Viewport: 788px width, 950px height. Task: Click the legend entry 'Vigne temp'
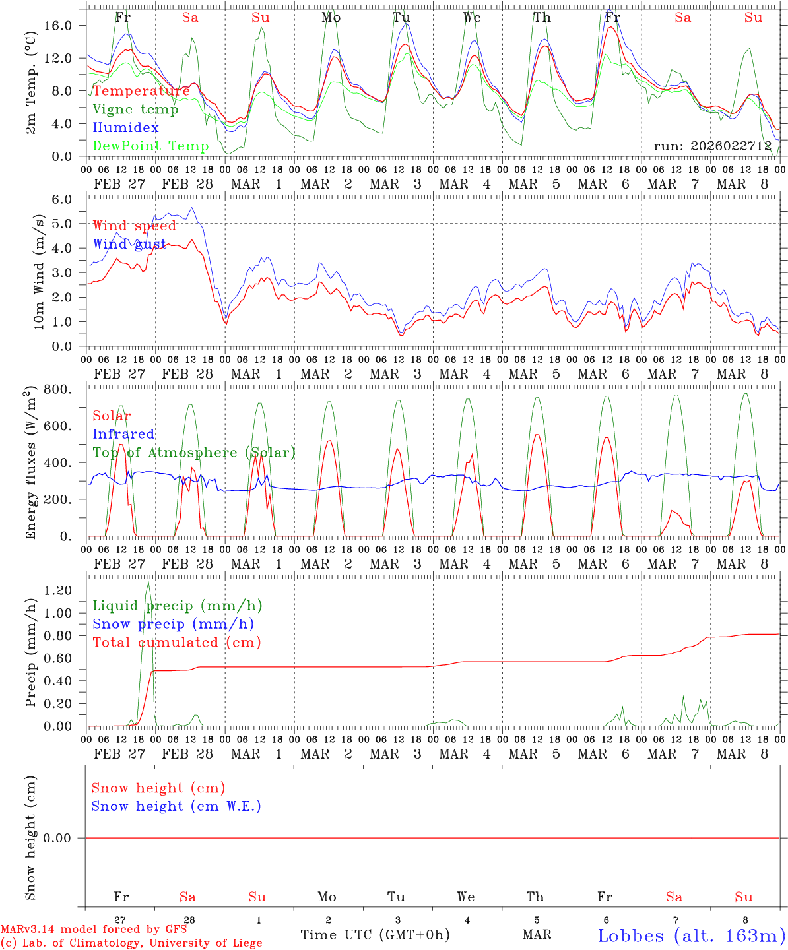tap(135, 110)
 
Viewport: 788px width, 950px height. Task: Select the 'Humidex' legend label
tap(125, 128)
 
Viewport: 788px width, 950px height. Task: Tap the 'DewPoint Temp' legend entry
tap(150, 146)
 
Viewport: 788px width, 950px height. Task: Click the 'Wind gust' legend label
tap(129, 245)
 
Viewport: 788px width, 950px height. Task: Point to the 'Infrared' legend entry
tap(123, 434)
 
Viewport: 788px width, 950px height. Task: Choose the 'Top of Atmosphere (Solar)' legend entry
tap(194, 453)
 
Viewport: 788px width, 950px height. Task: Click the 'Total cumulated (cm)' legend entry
tap(176, 643)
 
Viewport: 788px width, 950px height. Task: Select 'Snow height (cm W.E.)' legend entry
tap(176, 806)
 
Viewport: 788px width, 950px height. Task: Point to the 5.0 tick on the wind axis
tap(66, 224)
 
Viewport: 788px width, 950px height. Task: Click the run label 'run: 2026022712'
tap(713, 146)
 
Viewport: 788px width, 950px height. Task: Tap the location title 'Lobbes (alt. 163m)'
tap(692, 935)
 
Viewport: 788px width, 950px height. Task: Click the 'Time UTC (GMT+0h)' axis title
tap(375, 935)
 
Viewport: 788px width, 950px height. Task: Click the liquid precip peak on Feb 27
tap(148, 582)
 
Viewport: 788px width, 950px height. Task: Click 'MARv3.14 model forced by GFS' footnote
tap(94, 930)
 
